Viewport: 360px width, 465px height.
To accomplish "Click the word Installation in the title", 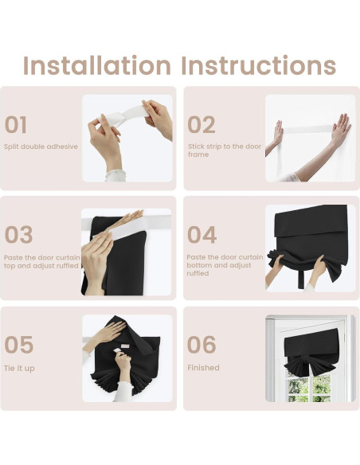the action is pyautogui.click(x=97, y=65).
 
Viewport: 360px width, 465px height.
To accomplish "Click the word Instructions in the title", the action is pyautogui.click(x=259, y=65).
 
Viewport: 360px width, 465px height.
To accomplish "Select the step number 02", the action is pyautogui.click(x=202, y=124).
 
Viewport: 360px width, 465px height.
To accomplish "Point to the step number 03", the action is pyautogui.click(x=18, y=235).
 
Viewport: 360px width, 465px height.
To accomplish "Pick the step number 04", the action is pyautogui.click(x=202, y=235).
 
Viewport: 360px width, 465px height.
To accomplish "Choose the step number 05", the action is pyautogui.click(x=18, y=345).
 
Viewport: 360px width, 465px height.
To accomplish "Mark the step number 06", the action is pyautogui.click(x=202, y=345).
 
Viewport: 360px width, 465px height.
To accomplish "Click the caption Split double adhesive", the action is pyautogui.click(x=41, y=147).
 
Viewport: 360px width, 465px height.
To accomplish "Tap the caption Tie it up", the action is pyautogui.click(x=19, y=369).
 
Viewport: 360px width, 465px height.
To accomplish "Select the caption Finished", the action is pyautogui.click(x=203, y=368).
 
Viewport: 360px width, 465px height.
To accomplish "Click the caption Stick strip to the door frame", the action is pyautogui.click(x=225, y=150).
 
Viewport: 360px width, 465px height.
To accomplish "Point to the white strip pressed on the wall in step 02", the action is pyautogui.click(x=307, y=129).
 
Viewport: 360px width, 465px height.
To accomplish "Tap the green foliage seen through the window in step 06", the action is pyautogui.click(x=309, y=387).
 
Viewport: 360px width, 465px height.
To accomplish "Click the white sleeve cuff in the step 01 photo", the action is pyautogui.click(x=115, y=176).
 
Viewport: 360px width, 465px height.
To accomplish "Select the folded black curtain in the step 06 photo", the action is pyautogui.click(x=311, y=353).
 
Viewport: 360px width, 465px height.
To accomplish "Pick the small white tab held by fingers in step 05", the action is pyautogui.click(x=117, y=351).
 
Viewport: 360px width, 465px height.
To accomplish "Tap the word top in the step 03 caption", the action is pyautogui.click(x=10, y=266).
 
